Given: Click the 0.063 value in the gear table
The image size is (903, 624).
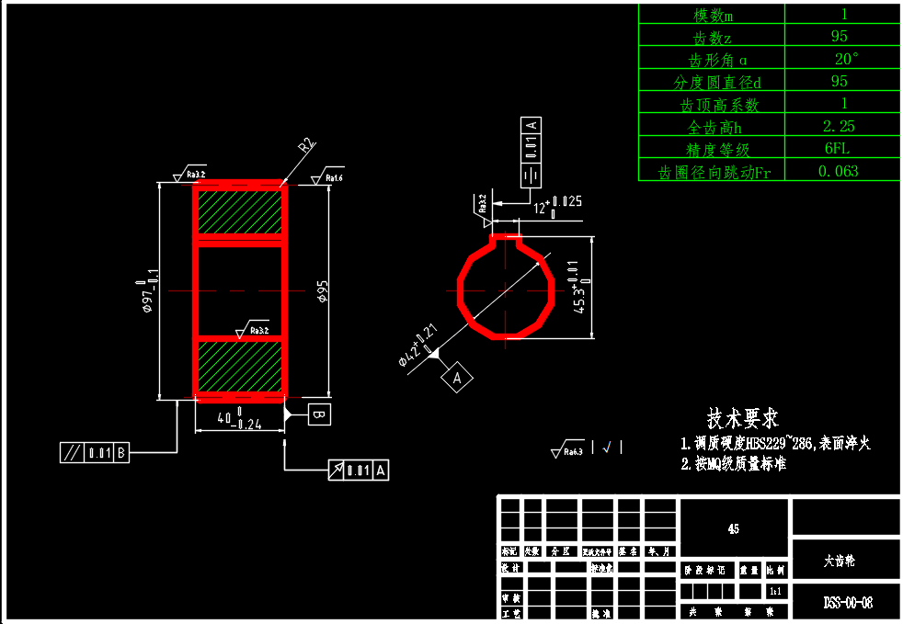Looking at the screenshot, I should coord(838,170).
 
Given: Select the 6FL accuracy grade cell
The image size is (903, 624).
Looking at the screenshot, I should coord(838,148).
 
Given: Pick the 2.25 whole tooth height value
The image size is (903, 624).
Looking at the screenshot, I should coord(838,126).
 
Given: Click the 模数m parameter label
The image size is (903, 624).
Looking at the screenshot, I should coord(713,15).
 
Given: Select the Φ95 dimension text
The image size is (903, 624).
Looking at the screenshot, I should coord(323,291).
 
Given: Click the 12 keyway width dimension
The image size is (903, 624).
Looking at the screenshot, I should coord(554,206).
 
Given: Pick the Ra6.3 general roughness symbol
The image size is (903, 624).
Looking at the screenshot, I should coord(567,449).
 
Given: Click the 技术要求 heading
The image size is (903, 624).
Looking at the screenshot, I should coord(742,419).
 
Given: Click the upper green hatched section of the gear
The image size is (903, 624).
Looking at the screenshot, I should coord(239,211).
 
